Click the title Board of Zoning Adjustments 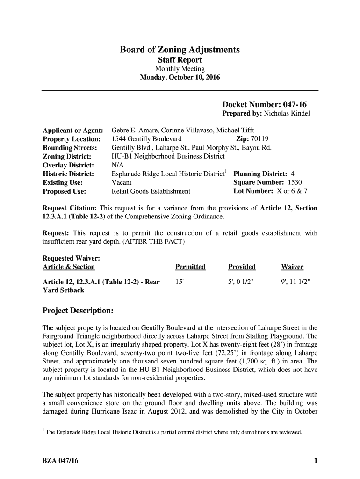pyautogui.click(x=180, y=50)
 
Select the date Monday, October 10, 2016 pyautogui.click(x=180, y=77)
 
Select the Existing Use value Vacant pyautogui.click(x=122, y=182)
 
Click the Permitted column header pyautogui.click(x=190, y=267)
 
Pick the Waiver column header pyautogui.click(x=292, y=267)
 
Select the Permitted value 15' pyautogui.click(x=179, y=282)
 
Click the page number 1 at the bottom pyautogui.click(x=316, y=461)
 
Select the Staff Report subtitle pyautogui.click(x=180, y=60)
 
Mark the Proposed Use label pyautogui.click(x=65, y=191)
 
